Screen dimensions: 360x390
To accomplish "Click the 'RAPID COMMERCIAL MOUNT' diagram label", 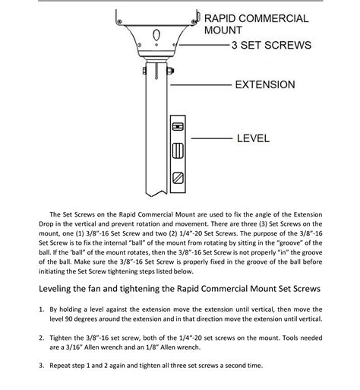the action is coord(256,24).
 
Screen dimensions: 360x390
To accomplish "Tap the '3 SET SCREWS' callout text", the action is coord(271,45).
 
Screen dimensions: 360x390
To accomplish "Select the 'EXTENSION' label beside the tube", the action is coord(265,84).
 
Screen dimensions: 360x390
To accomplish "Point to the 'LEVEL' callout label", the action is coord(253,138).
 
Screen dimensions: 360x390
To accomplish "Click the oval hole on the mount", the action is coord(156,34).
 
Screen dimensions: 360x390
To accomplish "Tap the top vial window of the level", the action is coord(178,126).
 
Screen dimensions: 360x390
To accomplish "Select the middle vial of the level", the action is coord(178,151).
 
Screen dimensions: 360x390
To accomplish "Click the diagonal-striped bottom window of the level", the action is coord(178,178).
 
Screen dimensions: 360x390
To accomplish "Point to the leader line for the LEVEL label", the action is coord(212,138).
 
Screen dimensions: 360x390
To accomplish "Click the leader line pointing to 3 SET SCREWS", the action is coord(204,45).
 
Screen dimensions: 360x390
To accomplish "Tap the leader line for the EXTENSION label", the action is coord(201,84).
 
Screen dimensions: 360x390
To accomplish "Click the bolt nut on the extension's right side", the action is coord(170,71).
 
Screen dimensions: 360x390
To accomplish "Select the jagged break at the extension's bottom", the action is coord(156,194).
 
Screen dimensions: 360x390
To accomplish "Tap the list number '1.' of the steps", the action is coord(42,309).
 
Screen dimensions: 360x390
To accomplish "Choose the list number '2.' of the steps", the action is coord(42,338).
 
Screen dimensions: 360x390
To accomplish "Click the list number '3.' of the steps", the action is coord(42,366).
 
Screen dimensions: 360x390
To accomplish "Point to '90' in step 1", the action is coord(68,319).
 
